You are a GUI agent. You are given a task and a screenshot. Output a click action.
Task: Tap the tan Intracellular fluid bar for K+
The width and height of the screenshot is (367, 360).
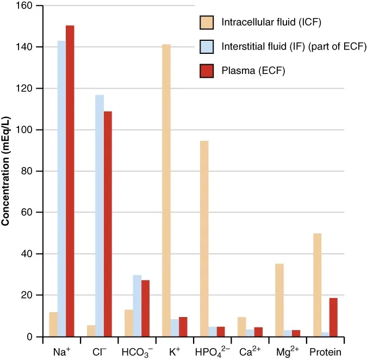pyautogui.click(x=166, y=190)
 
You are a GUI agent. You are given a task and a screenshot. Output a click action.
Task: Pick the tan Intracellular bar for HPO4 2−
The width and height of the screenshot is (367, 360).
pyautogui.click(x=204, y=239)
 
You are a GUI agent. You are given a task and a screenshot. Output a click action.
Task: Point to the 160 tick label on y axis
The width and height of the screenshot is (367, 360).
pyautogui.click(x=26, y=6)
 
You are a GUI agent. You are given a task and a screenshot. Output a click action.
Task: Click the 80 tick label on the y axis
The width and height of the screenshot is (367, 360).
pyautogui.click(x=28, y=171)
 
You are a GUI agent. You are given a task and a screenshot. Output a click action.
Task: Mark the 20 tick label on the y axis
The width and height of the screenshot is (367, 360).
pyautogui.click(x=28, y=295)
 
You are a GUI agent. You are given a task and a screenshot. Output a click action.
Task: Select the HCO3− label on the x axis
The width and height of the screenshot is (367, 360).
pyautogui.click(x=137, y=352)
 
